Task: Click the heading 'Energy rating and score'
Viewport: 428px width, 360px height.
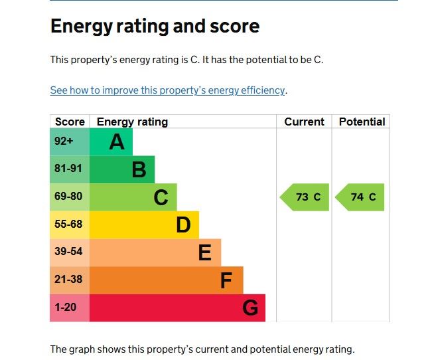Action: pyautogui.click(x=155, y=27)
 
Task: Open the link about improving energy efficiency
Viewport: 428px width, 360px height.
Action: pyautogui.click(x=167, y=90)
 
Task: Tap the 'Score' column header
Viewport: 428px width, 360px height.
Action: pyautogui.click(x=70, y=122)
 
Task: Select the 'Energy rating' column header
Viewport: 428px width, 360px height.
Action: pyautogui.click(x=132, y=122)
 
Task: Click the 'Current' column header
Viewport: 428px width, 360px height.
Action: pyautogui.click(x=304, y=122)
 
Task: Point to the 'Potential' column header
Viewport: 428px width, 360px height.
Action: pyautogui.click(x=362, y=122)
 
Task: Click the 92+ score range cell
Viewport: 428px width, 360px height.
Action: pyautogui.click(x=64, y=141)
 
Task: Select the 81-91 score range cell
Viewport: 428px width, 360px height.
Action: pyautogui.click(x=68, y=169)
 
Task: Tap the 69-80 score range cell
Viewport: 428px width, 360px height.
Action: pyautogui.click(x=68, y=197)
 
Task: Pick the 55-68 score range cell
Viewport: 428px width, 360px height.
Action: pyautogui.click(x=68, y=225)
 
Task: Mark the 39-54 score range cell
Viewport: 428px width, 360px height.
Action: pyautogui.click(x=68, y=252)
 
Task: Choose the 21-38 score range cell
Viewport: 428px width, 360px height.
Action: pyautogui.click(x=68, y=280)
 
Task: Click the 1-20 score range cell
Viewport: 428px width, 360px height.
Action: pyautogui.click(x=66, y=308)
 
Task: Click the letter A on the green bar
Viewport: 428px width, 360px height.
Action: pyautogui.click(x=117, y=141)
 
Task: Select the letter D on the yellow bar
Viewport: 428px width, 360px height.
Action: pyautogui.click(x=183, y=225)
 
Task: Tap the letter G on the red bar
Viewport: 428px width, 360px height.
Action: pyautogui.click(x=250, y=308)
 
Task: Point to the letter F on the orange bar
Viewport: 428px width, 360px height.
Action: pyautogui.click(x=226, y=281)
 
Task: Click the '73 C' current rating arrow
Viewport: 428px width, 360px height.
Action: pyautogui.click(x=305, y=197)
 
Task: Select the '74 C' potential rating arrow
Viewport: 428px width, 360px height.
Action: pyautogui.click(x=360, y=197)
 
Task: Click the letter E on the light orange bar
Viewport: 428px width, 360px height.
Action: pyautogui.click(x=205, y=253)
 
